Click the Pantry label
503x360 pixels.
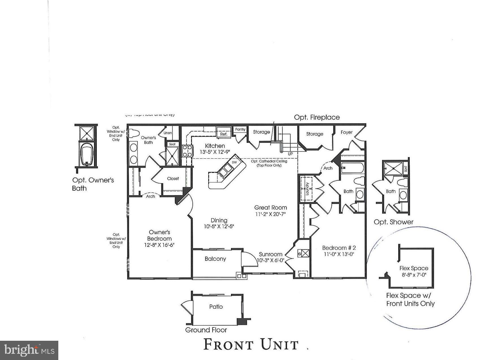tap(240, 129)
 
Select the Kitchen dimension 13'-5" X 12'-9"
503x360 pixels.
tap(215, 152)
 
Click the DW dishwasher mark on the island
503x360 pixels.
tap(234, 162)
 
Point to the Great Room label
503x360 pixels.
tap(270, 207)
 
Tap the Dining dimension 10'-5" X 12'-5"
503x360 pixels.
tap(219, 227)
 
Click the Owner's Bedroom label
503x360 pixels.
tap(159, 235)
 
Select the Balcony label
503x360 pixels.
tap(215, 259)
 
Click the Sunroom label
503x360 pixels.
tap(270, 254)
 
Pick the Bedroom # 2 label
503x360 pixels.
tap(339, 248)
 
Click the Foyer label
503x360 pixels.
tap(346, 132)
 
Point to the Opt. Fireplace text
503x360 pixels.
tap(317, 117)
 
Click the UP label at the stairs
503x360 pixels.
tap(290, 154)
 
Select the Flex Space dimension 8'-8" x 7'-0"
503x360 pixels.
tap(414, 275)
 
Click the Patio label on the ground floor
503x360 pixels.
tap(216, 307)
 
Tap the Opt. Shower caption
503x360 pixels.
tap(393, 222)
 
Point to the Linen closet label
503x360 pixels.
tap(168, 133)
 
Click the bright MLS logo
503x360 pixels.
tap(29, 350)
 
